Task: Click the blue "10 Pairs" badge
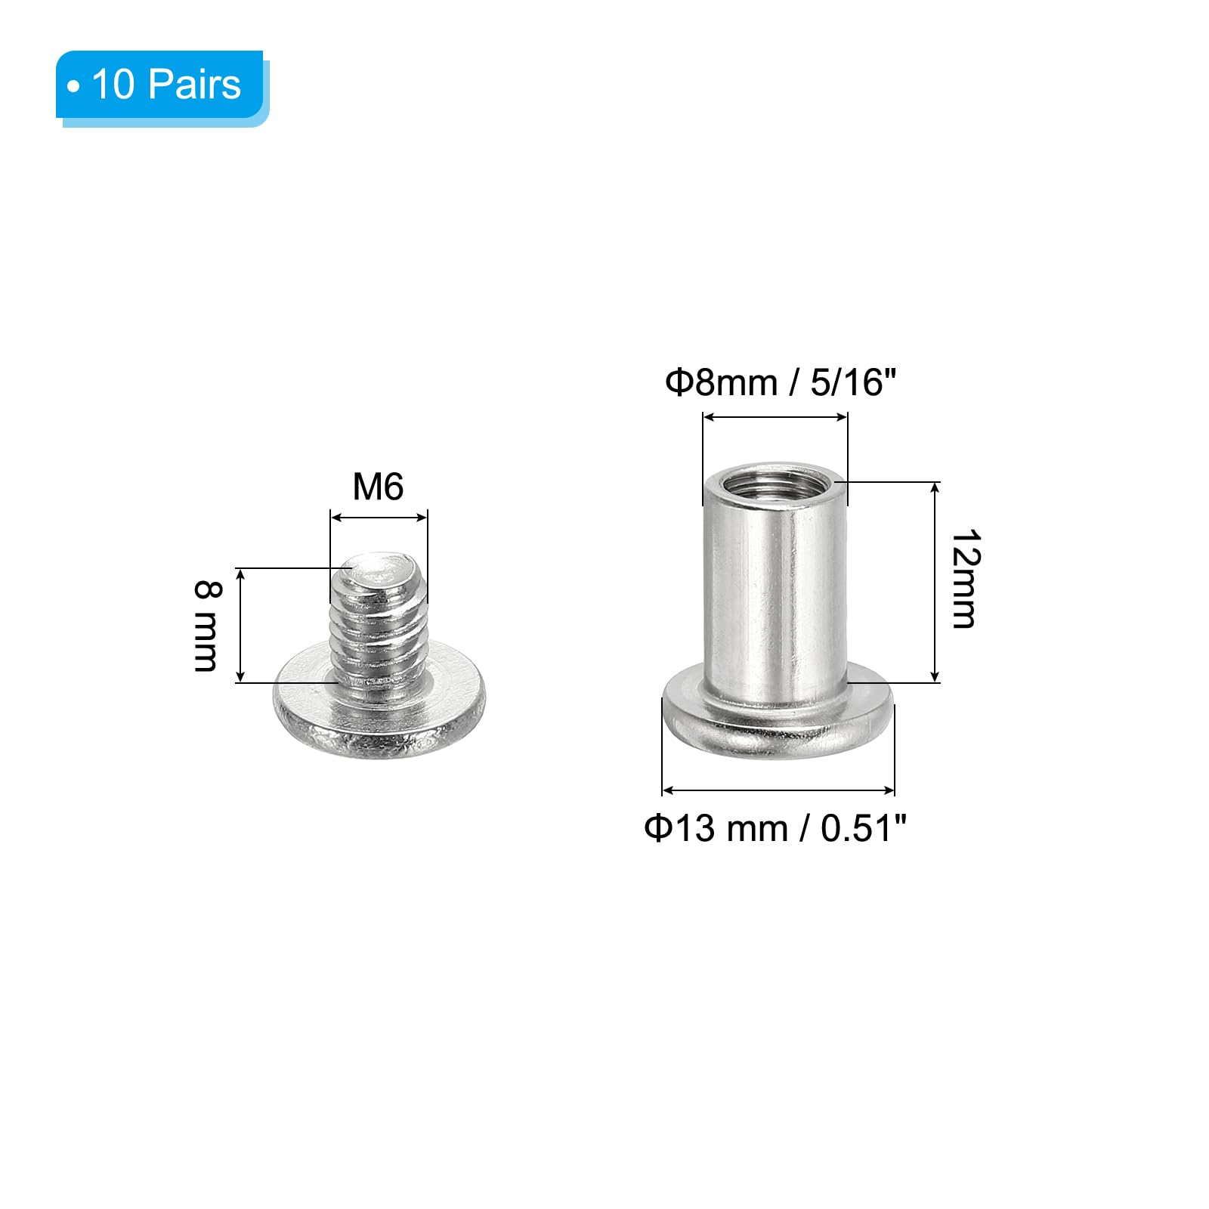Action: (162, 86)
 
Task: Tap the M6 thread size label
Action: (378, 487)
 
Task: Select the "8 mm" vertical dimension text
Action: (206, 625)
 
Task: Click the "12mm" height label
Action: (965, 579)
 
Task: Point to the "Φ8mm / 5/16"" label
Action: (781, 382)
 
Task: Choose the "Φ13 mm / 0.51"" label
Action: (775, 828)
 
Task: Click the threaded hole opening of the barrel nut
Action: (775, 481)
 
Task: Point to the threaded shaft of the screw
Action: (379, 620)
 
